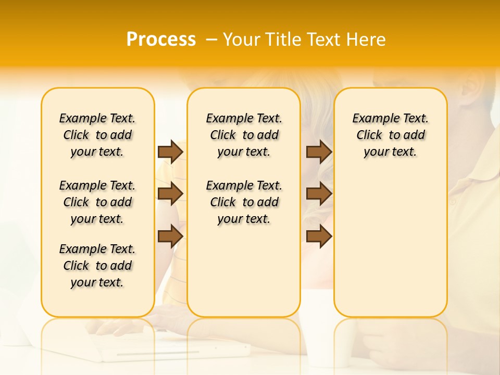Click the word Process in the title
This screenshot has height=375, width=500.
pos(161,40)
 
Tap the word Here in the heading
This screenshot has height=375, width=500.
pos(367,40)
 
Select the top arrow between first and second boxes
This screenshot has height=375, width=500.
pos(170,152)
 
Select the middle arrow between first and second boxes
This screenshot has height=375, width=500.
pos(170,194)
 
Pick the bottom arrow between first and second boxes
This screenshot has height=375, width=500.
pos(170,236)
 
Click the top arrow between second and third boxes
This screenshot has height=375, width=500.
pos(319,152)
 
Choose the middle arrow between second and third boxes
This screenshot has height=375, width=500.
pos(319,194)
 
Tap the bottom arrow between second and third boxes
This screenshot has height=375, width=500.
pos(319,236)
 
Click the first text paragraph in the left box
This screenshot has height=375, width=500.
pos(97,135)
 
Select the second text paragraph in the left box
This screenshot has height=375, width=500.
pos(97,202)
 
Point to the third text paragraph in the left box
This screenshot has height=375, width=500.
pos(97,266)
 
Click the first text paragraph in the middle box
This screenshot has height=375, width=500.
pos(244,135)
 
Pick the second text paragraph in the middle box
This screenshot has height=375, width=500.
pos(244,202)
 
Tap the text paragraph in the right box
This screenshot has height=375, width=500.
pos(391,135)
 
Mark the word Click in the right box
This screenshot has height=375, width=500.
pos(369,135)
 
